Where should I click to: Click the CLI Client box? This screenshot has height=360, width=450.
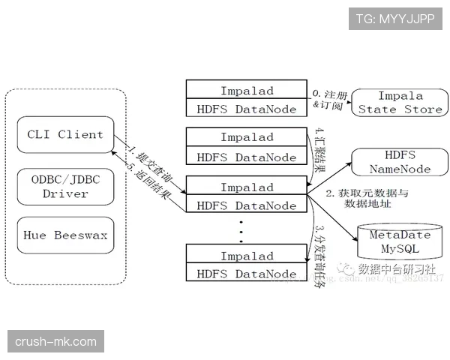[x=65, y=135]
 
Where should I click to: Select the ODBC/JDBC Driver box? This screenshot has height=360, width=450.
[x=65, y=186]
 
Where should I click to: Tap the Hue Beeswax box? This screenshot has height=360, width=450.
[x=65, y=235]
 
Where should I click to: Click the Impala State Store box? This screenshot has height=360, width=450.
[x=400, y=103]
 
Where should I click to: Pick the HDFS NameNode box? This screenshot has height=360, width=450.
[x=400, y=162]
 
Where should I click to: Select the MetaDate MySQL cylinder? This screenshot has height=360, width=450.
[x=400, y=241]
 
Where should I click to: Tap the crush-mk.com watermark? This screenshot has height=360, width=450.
[x=56, y=342]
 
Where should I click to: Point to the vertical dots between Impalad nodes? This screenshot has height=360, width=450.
[x=241, y=232]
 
